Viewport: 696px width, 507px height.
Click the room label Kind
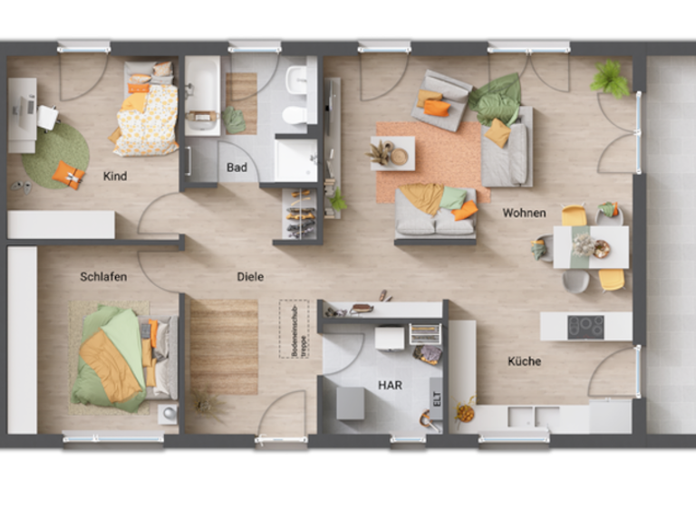[115, 176]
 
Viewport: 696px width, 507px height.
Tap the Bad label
[237, 167]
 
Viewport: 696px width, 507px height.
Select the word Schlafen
[103, 276]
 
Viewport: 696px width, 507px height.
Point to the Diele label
[250, 276]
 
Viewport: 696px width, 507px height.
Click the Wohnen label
[525, 213]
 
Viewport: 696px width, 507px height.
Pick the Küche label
[524, 361]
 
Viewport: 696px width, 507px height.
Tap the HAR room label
[390, 385]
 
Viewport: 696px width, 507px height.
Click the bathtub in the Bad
[201, 95]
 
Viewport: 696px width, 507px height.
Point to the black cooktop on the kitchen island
[585, 326]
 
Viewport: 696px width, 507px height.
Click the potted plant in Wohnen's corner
[611, 79]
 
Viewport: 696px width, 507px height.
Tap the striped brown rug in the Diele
[223, 346]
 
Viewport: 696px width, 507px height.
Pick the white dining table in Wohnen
[590, 246]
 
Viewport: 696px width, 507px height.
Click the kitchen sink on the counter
[522, 416]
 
